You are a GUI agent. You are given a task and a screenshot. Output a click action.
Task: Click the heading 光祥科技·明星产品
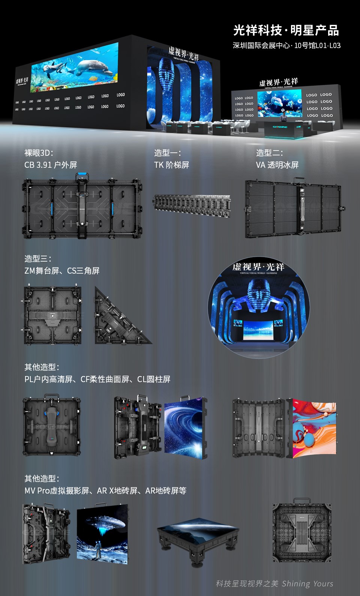286,30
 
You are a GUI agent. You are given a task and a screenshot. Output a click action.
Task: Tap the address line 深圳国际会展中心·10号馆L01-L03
286,45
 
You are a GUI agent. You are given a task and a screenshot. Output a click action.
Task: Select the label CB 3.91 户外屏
51,165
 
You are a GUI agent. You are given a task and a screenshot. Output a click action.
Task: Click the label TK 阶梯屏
171,165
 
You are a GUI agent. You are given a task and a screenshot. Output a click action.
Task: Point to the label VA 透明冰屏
277,165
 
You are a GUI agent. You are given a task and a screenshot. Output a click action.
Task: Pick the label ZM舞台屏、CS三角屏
62,271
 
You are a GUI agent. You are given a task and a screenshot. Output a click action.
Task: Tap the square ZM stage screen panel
52,315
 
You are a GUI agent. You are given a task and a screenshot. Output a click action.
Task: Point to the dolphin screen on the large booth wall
74,68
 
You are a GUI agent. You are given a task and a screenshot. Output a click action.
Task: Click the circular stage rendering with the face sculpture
259,306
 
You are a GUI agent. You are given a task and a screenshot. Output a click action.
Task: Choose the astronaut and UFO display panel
102,533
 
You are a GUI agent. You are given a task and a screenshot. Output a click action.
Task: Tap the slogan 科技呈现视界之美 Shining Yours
274,584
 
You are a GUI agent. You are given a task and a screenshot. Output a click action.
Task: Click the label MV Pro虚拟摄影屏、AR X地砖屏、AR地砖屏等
105,491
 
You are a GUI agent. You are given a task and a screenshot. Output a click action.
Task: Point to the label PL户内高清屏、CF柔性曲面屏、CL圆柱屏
97,379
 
